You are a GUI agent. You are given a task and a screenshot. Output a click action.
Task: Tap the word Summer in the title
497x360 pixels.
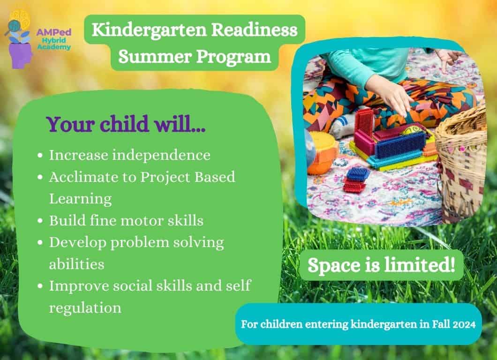point(155,57)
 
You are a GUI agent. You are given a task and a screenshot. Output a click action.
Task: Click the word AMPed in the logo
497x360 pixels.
point(53,32)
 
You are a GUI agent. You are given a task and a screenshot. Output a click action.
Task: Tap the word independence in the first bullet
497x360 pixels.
point(161,155)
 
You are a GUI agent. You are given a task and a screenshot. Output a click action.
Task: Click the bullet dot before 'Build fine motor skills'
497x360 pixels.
point(40,221)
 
